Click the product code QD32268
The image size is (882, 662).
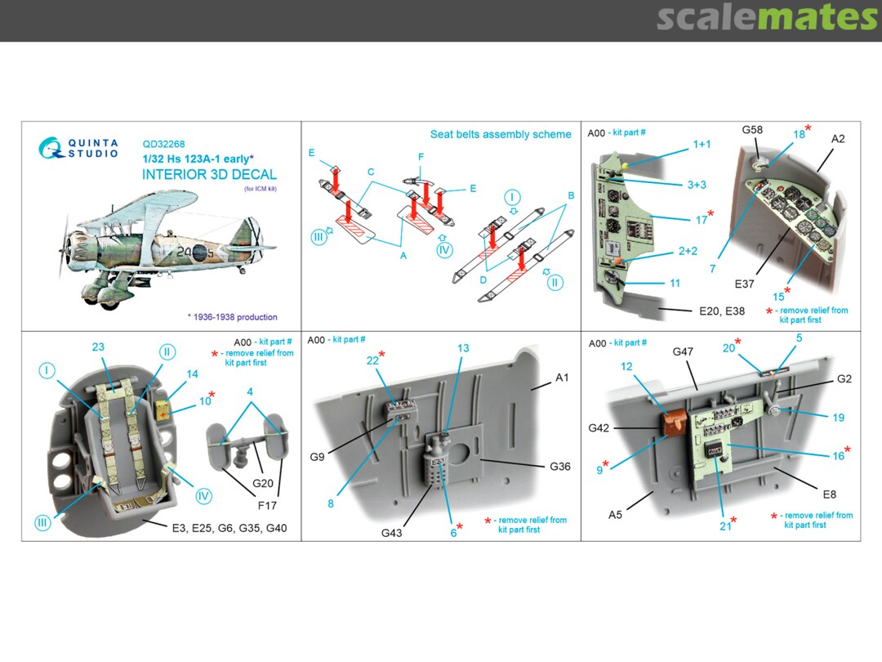tap(163, 142)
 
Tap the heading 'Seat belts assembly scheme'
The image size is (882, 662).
tap(501, 135)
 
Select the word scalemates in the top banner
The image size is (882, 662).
tap(767, 18)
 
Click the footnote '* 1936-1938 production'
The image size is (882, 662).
tap(232, 317)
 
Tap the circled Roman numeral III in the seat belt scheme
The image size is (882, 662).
tap(319, 237)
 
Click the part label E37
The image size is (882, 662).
tap(744, 284)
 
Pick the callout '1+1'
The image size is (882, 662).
tap(701, 143)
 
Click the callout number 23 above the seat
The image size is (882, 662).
tap(98, 347)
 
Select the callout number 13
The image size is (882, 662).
tap(463, 348)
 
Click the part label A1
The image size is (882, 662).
tap(562, 378)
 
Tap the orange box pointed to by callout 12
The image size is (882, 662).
tap(672, 422)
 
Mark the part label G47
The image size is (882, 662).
tap(683, 351)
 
